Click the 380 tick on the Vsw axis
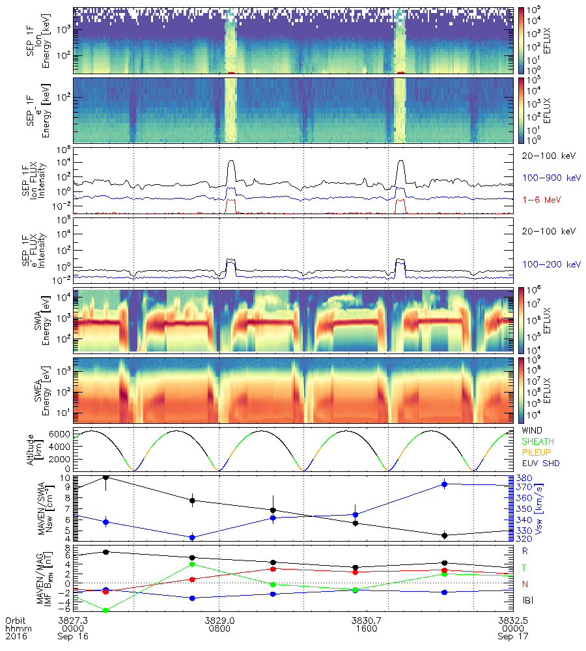point(523,478)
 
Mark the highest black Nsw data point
point(105,477)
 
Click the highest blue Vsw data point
point(444,484)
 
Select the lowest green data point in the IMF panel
point(105,610)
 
